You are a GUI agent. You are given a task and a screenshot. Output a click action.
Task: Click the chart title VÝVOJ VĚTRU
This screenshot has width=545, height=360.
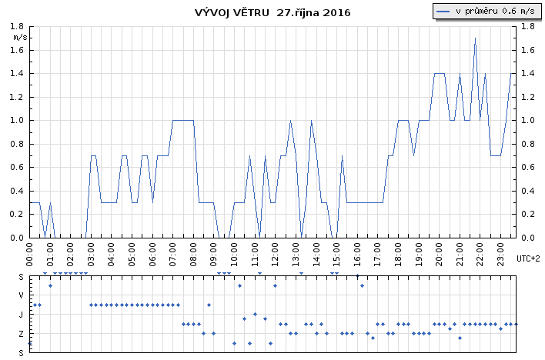click(x=232, y=12)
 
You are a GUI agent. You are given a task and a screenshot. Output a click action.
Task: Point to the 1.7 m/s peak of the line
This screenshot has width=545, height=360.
click(x=475, y=38)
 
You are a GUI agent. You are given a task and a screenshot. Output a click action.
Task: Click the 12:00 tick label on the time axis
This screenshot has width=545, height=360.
click(x=275, y=255)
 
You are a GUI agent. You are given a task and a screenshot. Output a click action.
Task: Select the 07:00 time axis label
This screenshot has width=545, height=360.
click(x=172, y=255)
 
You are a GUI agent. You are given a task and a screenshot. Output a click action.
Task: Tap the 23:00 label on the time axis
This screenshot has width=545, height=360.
click(x=500, y=255)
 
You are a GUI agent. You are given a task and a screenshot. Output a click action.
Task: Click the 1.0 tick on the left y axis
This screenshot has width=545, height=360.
click(x=16, y=121)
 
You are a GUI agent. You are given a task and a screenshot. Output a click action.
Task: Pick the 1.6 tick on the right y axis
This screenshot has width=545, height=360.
click(x=527, y=51)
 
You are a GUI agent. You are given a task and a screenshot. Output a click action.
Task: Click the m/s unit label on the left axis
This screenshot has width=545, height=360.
click(x=20, y=38)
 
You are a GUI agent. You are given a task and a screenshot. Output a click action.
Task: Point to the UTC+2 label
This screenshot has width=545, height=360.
click(x=528, y=258)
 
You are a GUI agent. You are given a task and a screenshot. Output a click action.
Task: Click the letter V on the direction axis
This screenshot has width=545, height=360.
click(x=22, y=295)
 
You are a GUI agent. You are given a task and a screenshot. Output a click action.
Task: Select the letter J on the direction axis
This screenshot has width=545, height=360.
click(x=22, y=315)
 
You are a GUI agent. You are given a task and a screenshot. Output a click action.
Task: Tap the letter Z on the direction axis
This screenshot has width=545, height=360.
click(x=22, y=334)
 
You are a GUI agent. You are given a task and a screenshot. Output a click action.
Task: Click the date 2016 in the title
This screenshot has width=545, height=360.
click(x=336, y=13)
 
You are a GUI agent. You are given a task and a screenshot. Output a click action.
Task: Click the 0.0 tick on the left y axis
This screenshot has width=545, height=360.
click(x=16, y=238)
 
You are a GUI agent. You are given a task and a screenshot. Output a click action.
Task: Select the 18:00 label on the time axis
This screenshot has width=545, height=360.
click(x=398, y=255)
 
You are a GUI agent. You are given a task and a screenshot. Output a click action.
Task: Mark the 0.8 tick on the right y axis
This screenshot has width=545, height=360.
click(x=527, y=144)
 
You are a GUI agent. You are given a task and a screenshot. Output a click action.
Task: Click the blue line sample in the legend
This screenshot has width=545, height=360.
click(x=443, y=12)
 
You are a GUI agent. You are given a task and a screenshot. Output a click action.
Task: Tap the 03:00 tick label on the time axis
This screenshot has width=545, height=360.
click(x=90, y=255)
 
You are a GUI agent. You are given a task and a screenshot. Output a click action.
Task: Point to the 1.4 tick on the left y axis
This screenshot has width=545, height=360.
click(x=16, y=74)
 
